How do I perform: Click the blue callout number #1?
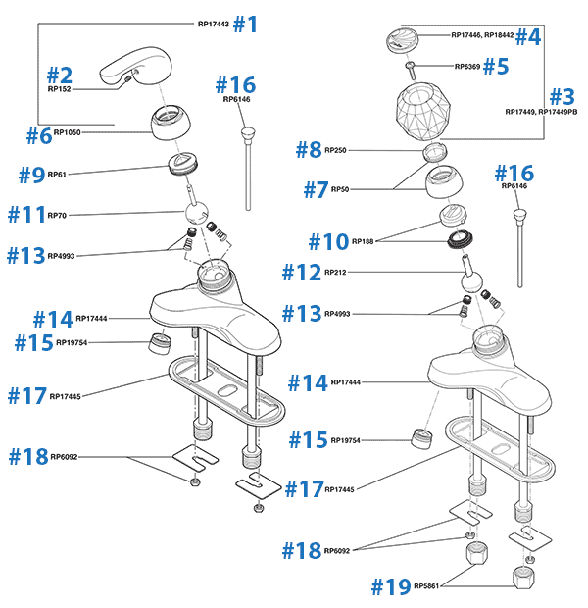click(245, 24)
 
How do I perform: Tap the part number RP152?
click(59, 88)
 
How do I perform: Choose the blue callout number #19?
click(390, 586)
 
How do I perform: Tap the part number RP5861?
click(427, 586)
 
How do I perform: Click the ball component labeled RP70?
click(196, 214)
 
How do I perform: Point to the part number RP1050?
click(67, 131)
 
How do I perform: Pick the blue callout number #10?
click(327, 240)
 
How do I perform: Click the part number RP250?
click(334, 150)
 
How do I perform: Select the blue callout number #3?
click(561, 97)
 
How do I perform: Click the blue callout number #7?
click(316, 189)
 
